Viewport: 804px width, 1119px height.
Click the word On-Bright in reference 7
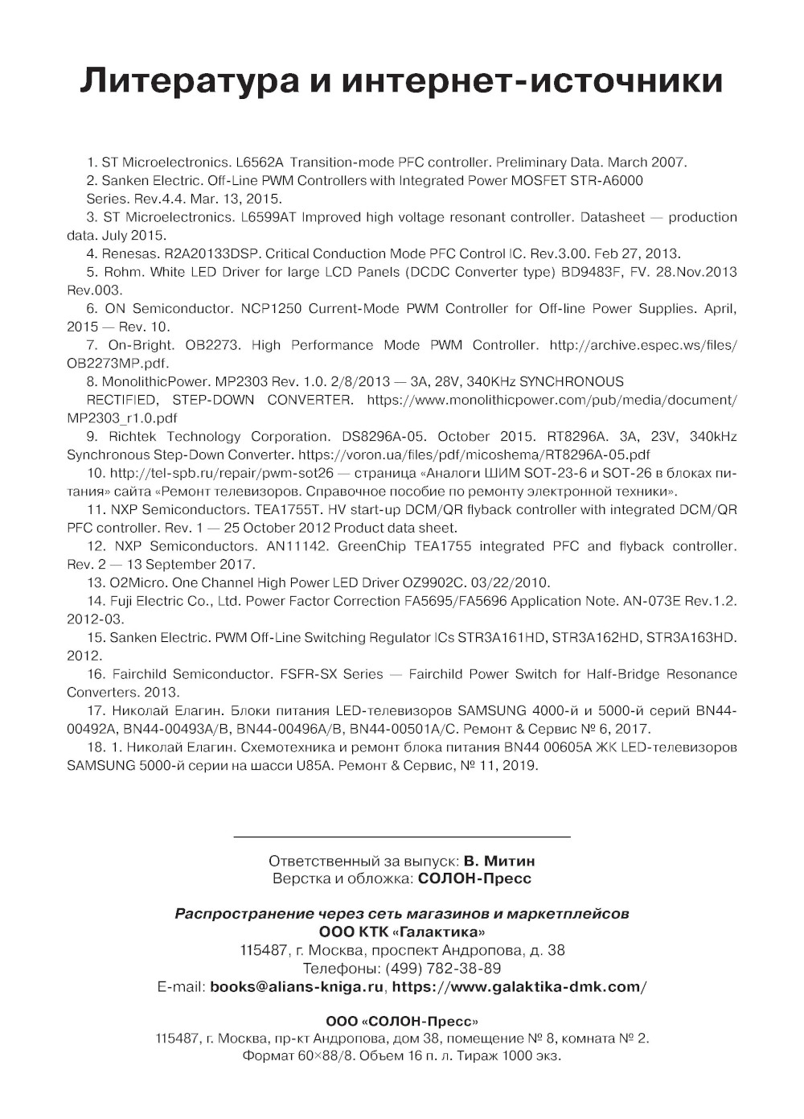click(141, 345)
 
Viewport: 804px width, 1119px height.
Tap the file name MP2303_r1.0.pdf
click(122, 418)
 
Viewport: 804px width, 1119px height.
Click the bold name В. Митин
click(499, 861)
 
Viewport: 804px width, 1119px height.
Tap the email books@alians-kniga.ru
click(297, 986)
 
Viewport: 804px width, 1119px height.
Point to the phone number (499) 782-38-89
click(443, 968)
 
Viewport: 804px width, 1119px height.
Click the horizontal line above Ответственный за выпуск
click(402, 837)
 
